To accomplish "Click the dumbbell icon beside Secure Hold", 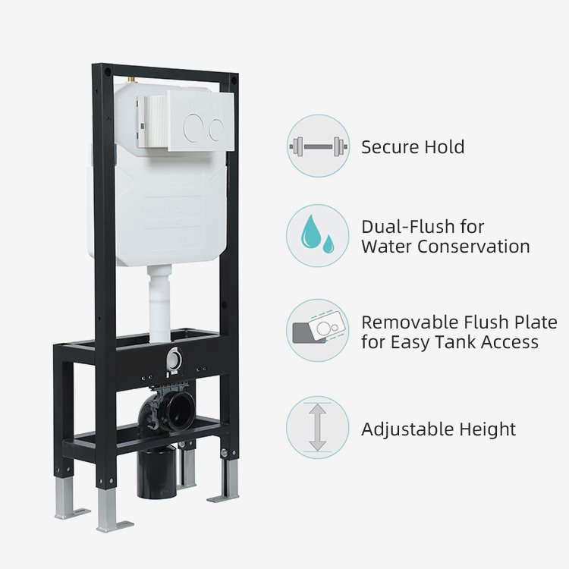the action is tap(318, 146).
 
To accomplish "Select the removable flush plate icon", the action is tap(318, 328).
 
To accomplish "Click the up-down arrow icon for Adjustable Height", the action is tap(318, 427).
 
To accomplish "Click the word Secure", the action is tap(390, 147).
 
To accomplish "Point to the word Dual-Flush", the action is tap(408, 227).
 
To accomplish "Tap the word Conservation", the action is tap(473, 247).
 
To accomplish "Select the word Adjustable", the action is tap(407, 429).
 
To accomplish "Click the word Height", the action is tap(488, 429).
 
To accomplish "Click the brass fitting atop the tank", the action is tap(132, 80).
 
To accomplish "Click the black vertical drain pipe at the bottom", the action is tap(156, 473).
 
